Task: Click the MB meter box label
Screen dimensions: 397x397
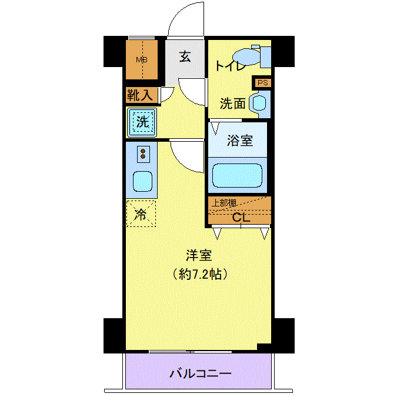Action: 142,60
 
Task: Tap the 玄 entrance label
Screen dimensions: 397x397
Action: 185,56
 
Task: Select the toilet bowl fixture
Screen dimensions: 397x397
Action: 246,57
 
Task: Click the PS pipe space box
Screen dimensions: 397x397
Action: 262,83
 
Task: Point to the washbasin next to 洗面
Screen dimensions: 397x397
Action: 259,104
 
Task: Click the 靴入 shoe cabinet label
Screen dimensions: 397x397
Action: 140,95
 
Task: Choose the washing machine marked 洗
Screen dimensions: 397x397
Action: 142,122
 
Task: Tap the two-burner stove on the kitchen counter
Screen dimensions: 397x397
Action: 143,154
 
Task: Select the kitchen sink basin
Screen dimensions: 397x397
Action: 142,182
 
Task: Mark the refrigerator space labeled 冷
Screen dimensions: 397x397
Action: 141,213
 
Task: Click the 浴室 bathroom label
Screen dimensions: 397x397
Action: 240,141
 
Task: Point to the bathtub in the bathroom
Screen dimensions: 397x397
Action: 237,175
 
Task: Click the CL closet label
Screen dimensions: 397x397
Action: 241,217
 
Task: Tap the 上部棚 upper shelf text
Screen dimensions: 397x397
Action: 224,203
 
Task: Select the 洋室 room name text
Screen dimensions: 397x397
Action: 199,255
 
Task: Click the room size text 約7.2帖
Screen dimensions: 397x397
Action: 199,274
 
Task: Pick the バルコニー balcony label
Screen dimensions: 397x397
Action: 200,373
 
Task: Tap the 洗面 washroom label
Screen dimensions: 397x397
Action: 232,104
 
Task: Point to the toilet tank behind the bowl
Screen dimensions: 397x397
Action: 266,56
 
